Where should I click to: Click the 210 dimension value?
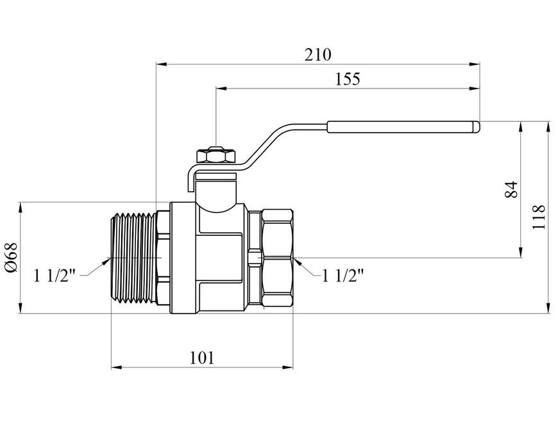[317, 55]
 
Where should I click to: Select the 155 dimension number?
[348, 79]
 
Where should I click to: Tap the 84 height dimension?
[511, 189]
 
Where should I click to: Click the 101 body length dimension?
[202, 358]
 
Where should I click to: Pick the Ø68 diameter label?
[11, 258]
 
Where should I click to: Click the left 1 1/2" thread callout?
[55, 275]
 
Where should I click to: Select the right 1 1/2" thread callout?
[343, 275]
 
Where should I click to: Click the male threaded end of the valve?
[134, 258]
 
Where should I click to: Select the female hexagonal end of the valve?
[277, 258]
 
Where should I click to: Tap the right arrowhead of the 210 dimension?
[475, 64]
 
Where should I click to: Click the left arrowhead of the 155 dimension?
[222, 89]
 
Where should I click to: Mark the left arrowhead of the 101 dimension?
[117, 367]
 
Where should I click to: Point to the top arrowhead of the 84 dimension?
[521, 127]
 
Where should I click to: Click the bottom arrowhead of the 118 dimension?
[548, 308]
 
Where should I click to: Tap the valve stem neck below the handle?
[216, 190]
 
